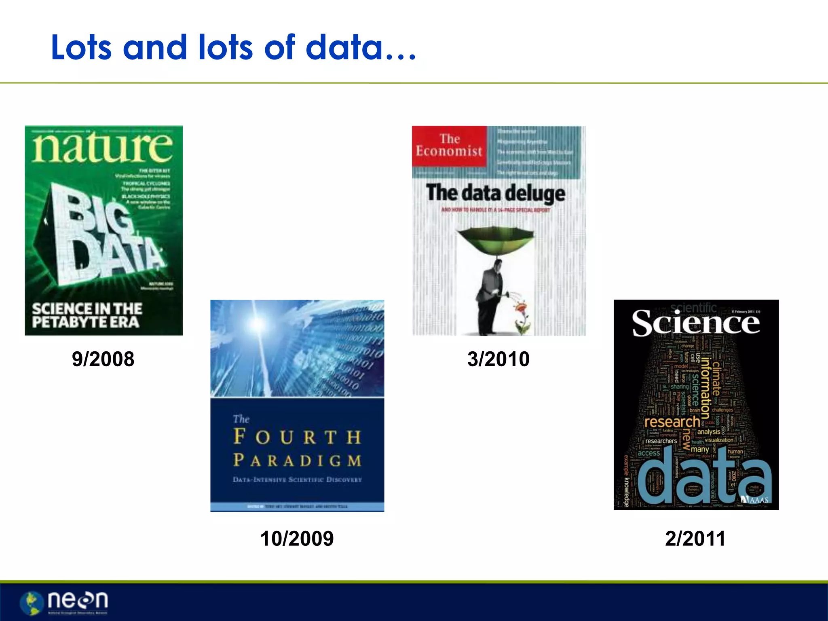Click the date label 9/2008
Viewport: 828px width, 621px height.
(x=103, y=359)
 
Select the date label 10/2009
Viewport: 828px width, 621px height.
(x=297, y=539)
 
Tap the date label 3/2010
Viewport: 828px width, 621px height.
(x=498, y=359)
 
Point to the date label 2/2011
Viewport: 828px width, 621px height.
(x=695, y=539)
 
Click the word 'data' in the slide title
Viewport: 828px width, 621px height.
(x=344, y=48)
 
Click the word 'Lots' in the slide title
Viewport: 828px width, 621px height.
(x=81, y=48)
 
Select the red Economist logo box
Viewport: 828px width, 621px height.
(x=449, y=146)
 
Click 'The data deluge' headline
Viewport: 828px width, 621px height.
(x=496, y=193)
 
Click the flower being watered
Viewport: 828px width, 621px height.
(x=520, y=309)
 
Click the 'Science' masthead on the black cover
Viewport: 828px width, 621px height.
(x=696, y=323)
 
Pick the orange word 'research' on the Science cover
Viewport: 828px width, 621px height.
(x=672, y=422)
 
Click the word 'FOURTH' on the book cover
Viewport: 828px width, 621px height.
(x=297, y=437)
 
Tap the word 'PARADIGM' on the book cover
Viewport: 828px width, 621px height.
(x=297, y=460)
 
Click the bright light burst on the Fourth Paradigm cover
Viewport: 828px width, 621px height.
(x=257, y=323)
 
